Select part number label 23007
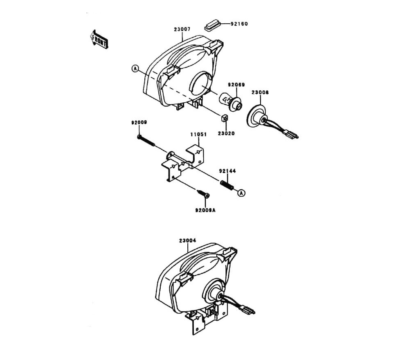click(x=182, y=29)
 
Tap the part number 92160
click(x=240, y=24)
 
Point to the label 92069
click(x=236, y=85)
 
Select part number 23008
click(x=260, y=92)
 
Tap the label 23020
click(x=226, y=133)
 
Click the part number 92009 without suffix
click(x=139, y=122)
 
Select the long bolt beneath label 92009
click(x=147, y=140)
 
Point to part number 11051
click(x=198, y=134)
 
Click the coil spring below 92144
click(x=227, y=185)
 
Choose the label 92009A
click(x=205, y=210)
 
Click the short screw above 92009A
click(x=203, y=193)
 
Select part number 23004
click(x=187, y=241)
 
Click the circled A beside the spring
click(x=241, y=193)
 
